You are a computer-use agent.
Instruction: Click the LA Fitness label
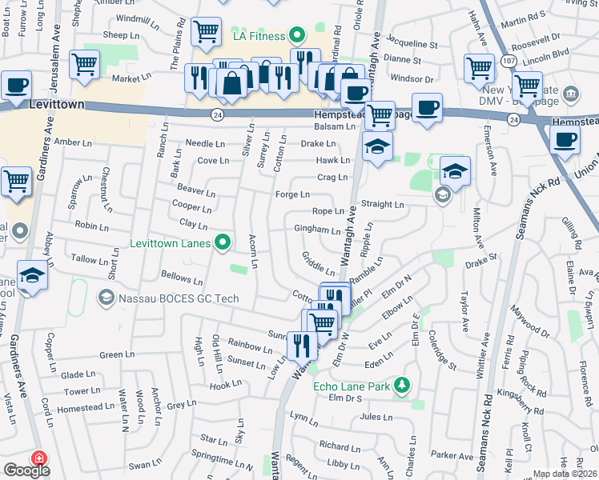coord(259,36)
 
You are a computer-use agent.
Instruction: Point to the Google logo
coord(26,470)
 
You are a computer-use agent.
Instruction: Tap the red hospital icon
coord(37,459)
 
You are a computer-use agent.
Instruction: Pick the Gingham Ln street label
coord(317,230)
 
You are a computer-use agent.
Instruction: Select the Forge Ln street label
coord(292,194)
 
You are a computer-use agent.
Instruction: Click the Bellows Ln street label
coord(182,281)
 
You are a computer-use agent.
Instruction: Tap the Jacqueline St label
coord(412,46)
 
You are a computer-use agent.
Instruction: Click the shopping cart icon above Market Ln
coord(84,64)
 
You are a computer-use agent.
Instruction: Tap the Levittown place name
coord(57,105)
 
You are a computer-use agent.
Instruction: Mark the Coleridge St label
coord(442,348)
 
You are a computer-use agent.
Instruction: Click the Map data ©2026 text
coord(565,474)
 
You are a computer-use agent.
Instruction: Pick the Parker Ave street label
coord(452,456)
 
